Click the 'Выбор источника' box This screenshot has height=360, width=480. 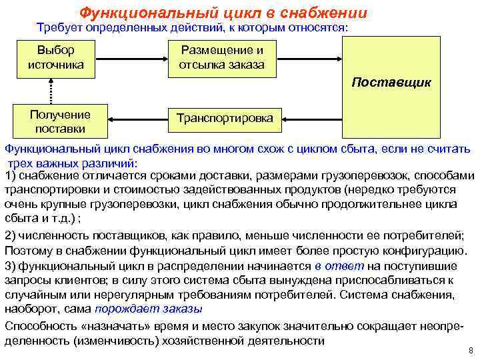coord(55,57)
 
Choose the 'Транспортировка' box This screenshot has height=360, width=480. coord(224,118)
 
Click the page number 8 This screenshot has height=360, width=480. coord(470,350)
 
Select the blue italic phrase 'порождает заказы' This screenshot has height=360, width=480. coord(149,309)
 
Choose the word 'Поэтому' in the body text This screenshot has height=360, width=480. coord(27,251)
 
